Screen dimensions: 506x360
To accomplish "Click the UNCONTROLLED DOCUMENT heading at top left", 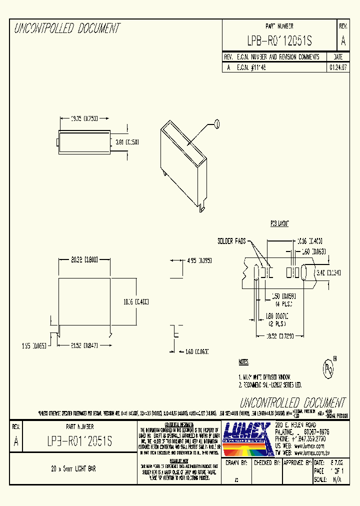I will [67, 28].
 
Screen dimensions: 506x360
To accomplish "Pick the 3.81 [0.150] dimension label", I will [127, 142].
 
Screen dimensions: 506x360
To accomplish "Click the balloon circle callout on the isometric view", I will [216, 123].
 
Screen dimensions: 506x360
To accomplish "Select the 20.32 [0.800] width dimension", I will [84, 259].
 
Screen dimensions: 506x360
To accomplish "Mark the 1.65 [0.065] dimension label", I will [34, 345].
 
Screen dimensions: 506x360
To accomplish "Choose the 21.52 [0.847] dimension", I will [84, 345].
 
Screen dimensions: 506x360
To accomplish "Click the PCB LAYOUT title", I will [280, 224].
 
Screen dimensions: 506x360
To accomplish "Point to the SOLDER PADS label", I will [231, 241].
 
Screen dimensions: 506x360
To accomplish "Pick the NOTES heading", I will [243, 361].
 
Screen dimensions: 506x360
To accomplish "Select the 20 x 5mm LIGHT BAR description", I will [73, 469].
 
